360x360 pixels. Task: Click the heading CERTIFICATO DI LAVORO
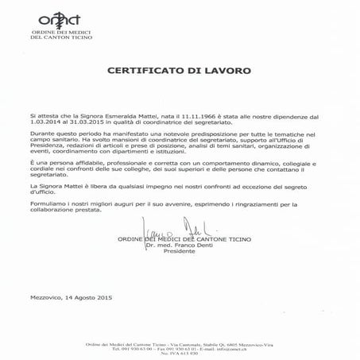pyautogui.click(x=179, y=71)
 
